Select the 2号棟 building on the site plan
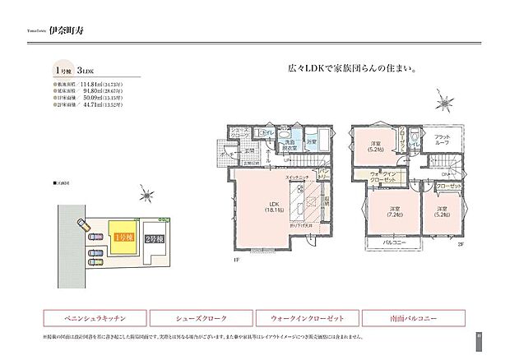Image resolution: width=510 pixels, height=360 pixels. tap(154, 238)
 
